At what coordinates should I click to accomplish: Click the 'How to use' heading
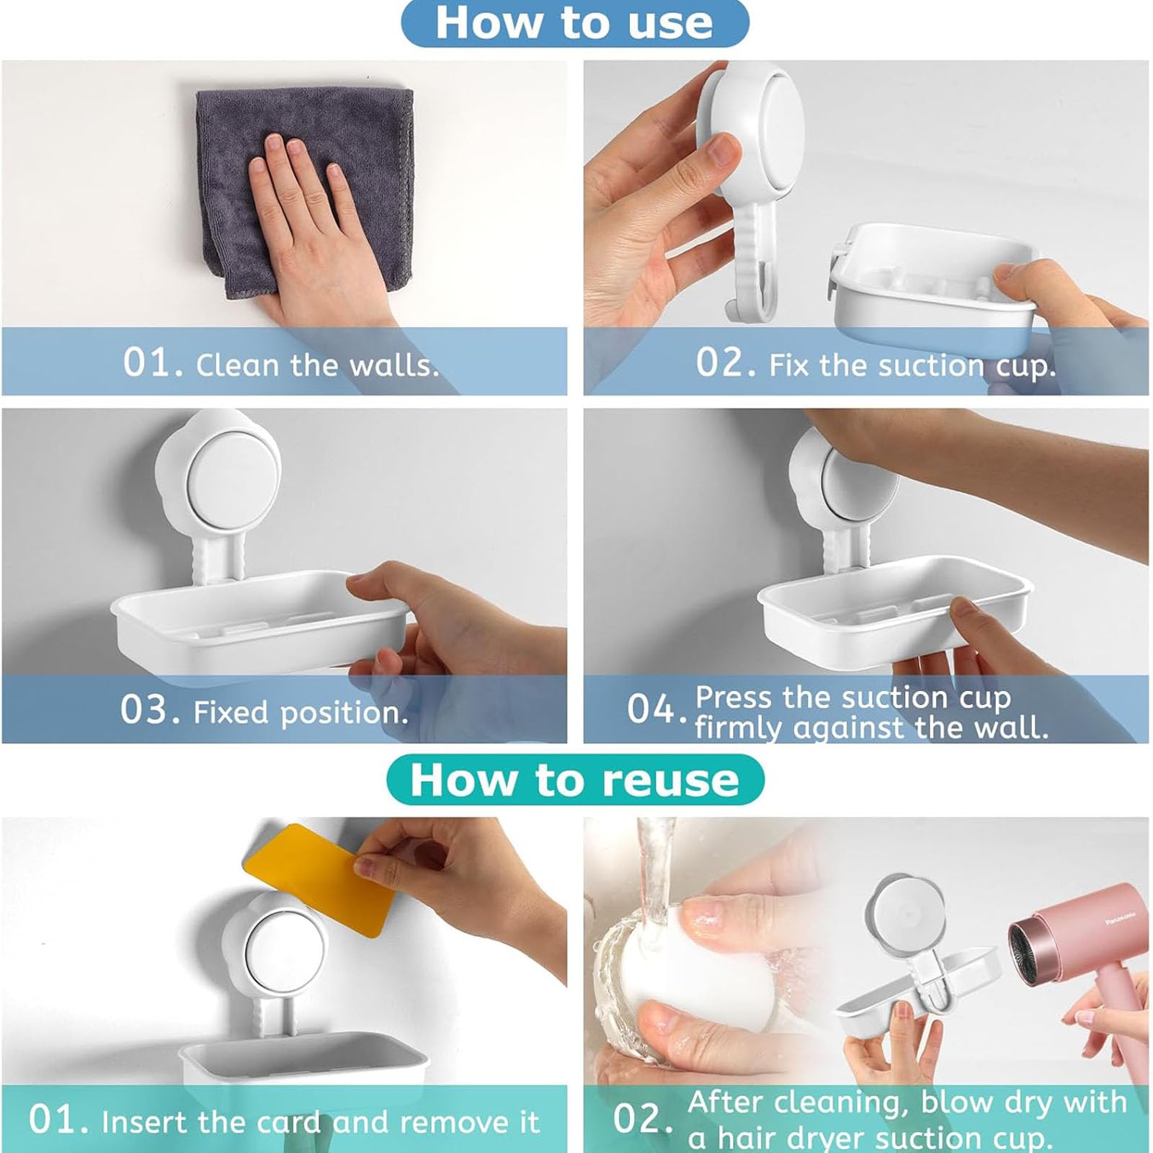pyautogui.click(x=574, y=22)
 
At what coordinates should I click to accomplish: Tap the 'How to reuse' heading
pyautogui.click(x=574, y=780)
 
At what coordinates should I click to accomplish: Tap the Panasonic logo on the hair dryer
pyautogui.click(x=1121, y=921)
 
